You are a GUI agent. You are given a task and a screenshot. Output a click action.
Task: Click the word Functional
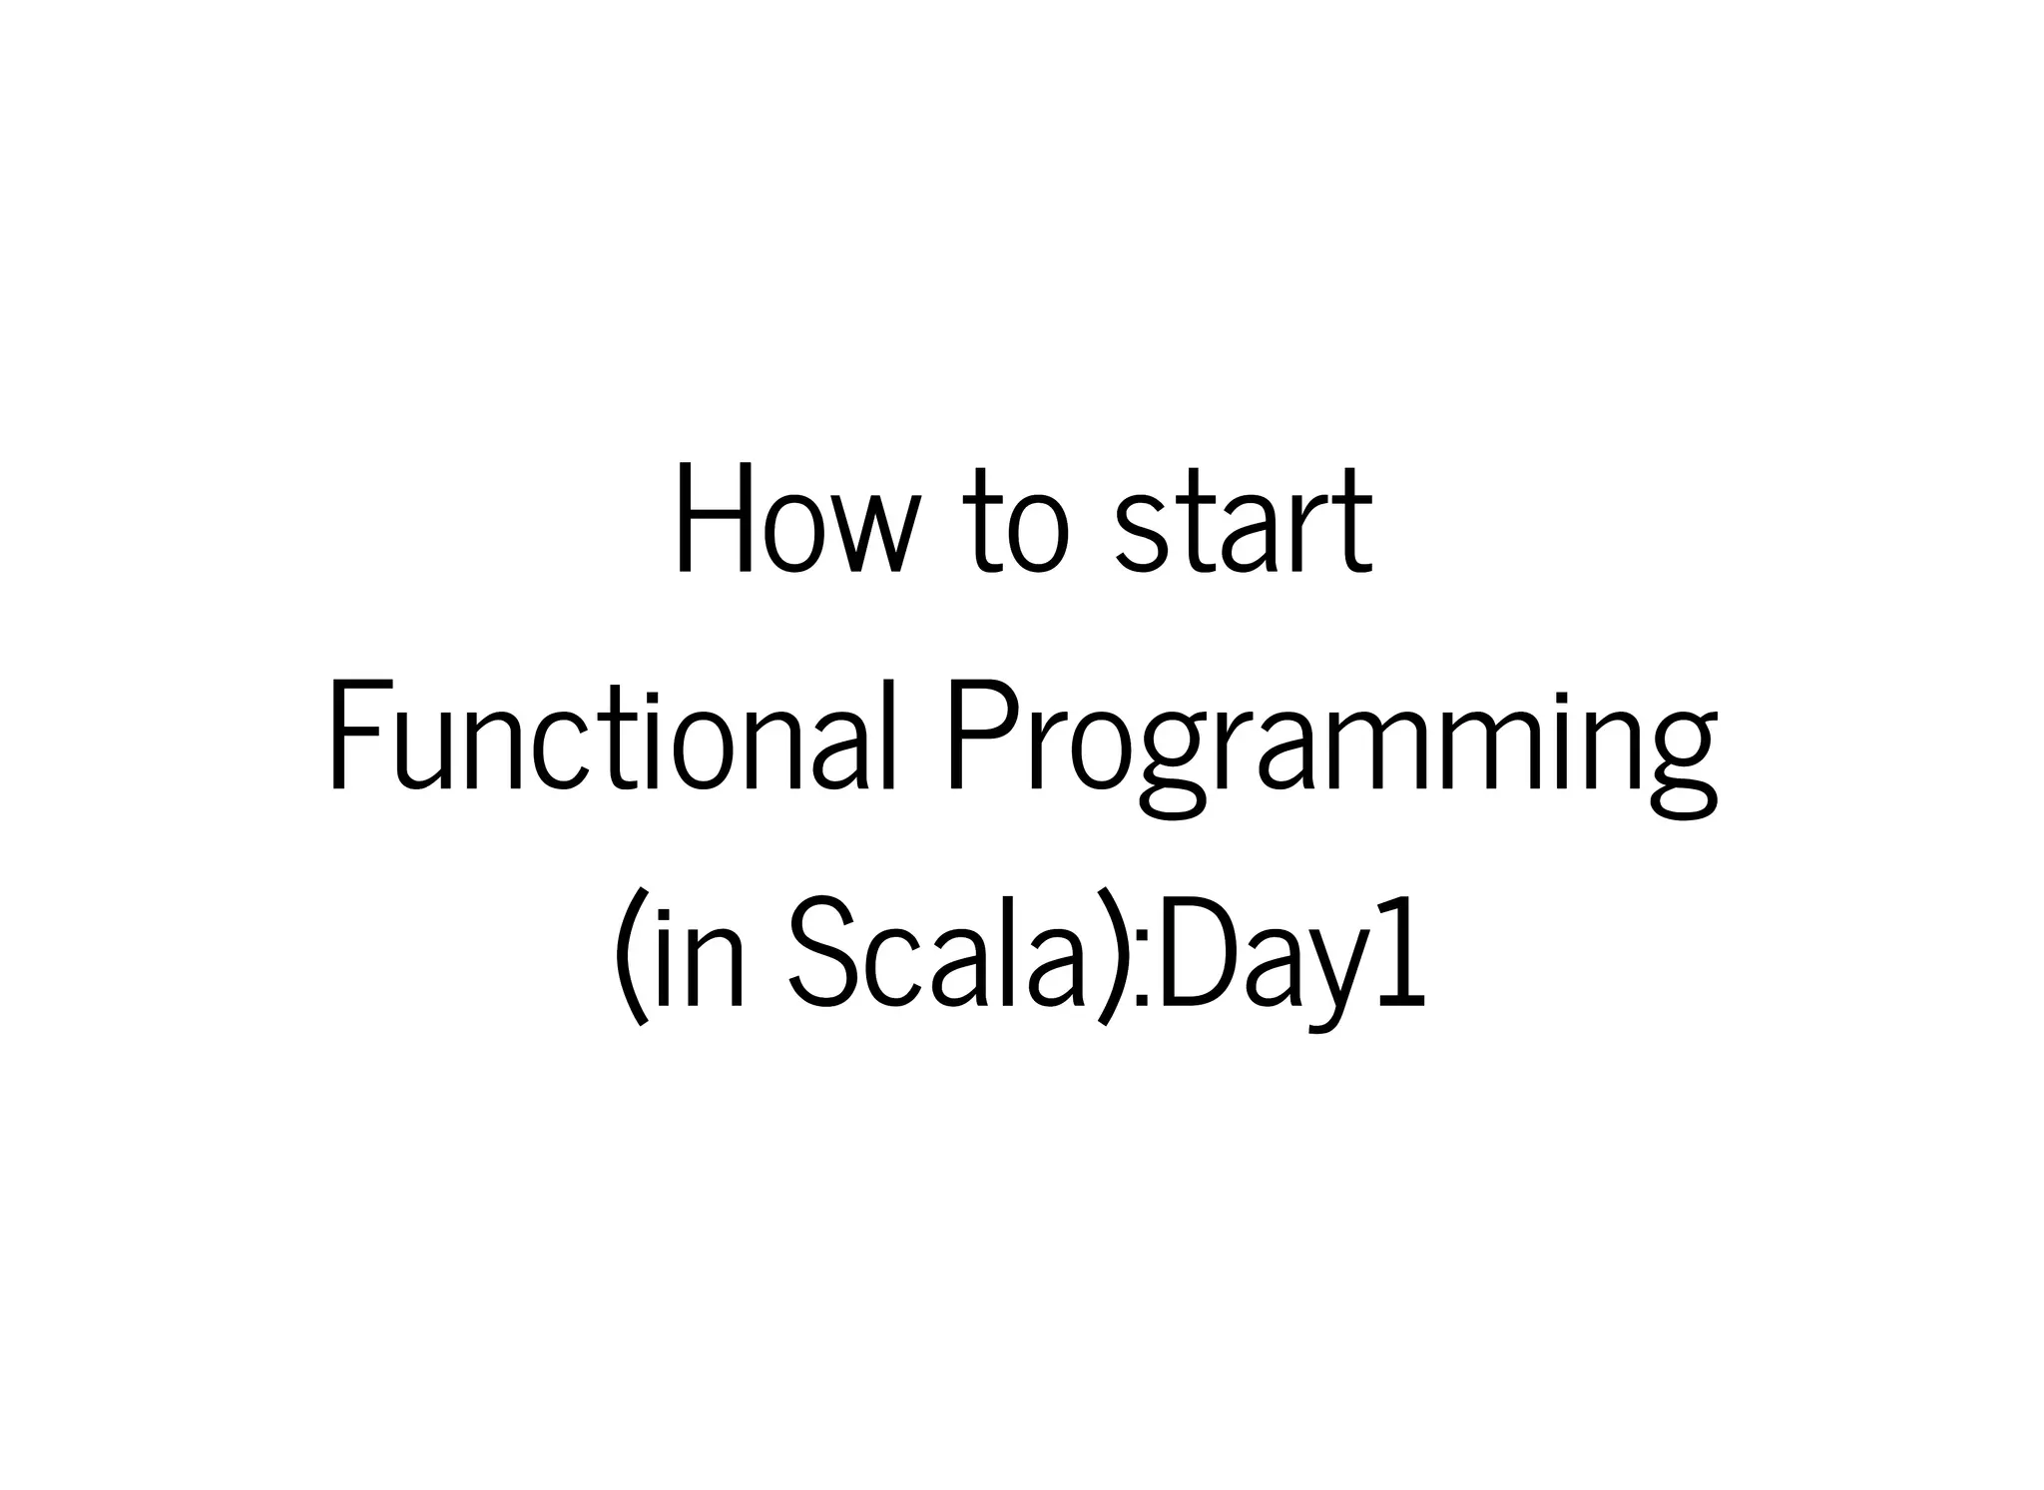[x=609, y=737]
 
